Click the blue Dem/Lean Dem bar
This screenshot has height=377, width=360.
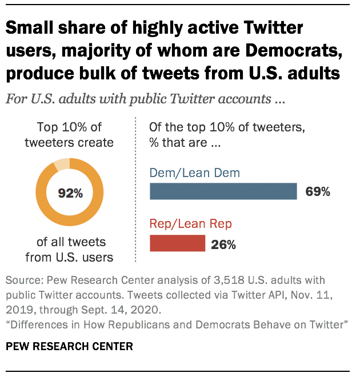pyautogui.click(x=223, y=191)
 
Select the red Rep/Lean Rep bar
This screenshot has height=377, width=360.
pyautogui.click(x=177, y=243)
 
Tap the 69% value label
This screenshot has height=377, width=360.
pyautogui.click(x=318, y=192)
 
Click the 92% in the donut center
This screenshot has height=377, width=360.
pyautogui.click(x=70, y=193)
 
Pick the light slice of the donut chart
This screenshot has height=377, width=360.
pyautogui.click(x=62, y=165)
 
